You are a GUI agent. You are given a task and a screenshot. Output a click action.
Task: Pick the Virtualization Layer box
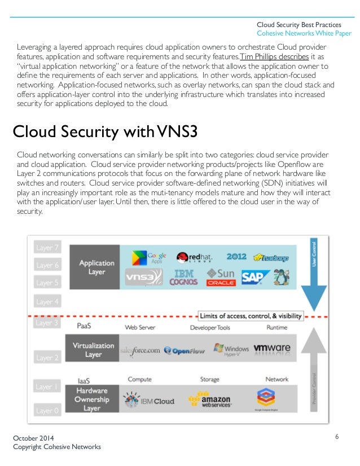coord(93,349)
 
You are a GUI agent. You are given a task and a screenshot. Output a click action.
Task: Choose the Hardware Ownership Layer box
coord(93,399)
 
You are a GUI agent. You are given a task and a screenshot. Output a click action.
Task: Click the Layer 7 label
coord(47,248)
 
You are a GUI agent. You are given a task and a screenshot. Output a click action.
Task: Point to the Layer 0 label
coord(47,411)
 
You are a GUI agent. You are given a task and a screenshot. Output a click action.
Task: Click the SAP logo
coord(252,277)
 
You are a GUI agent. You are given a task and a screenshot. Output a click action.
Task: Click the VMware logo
coord(273,350)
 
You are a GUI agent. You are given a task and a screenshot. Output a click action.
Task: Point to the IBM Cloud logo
coord(150,399)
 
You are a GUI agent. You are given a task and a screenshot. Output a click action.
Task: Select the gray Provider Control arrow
coord(314,367)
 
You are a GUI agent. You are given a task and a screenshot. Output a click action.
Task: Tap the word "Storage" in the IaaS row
coord(210,380)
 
